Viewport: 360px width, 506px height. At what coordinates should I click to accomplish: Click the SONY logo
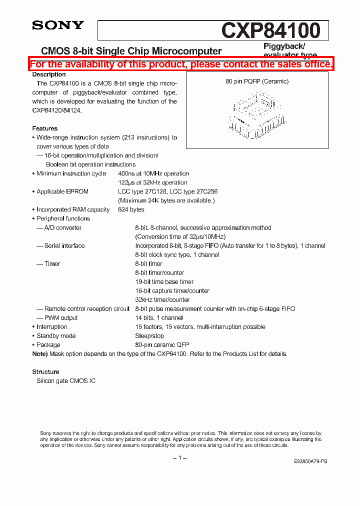pos(58,25)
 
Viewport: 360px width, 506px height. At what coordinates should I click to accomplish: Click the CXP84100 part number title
pos(270,30)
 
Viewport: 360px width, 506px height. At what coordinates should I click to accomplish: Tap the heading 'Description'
pos(49,74)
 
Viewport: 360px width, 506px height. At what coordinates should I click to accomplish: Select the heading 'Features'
pos(45,128)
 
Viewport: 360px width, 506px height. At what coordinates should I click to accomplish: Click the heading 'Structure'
pos(46,372)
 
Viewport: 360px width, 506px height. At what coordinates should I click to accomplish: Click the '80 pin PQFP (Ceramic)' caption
pos(257,81)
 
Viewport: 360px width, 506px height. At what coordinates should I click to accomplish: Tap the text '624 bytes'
pos(131,210)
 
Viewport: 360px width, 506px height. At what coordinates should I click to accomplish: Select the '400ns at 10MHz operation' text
pos(153,173)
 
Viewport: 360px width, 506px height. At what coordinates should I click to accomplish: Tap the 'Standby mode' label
pos(56,336)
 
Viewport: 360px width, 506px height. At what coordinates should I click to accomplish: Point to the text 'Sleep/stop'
pos(149,336)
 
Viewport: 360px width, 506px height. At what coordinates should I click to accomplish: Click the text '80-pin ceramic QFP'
pos(162,345)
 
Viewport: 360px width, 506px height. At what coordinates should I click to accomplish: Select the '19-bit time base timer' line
pos(164,282)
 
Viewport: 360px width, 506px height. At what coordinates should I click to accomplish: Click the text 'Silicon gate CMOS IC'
pos(66,381)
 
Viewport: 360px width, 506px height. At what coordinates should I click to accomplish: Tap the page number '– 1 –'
pos(179,458)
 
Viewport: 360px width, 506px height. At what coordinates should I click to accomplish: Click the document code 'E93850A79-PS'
pos(310,462)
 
